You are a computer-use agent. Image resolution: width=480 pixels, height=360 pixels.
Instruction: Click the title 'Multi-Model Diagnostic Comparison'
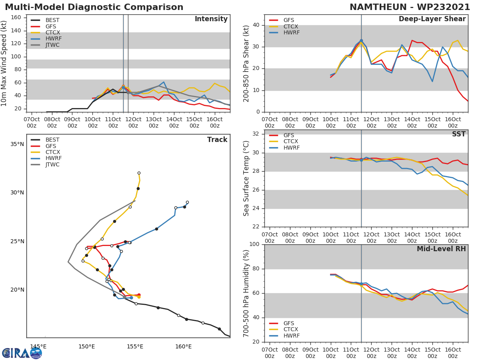point(94,7)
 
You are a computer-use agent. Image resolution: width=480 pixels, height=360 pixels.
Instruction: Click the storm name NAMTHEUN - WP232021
point(410,7)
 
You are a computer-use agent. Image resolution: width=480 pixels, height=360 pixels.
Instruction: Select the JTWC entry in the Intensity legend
point(52,45)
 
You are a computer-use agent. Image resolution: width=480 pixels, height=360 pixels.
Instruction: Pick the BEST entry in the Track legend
point(52,140)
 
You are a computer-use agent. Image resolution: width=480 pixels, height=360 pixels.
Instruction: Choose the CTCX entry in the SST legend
point(291,142)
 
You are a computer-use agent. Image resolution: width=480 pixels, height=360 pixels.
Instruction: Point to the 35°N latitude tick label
point(17,144)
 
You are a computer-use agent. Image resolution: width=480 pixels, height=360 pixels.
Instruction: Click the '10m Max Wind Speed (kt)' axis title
point(4,63)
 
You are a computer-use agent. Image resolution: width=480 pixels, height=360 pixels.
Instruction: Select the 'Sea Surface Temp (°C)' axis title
point(246,178)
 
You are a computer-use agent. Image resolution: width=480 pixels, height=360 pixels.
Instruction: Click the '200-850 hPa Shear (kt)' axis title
point(246,63)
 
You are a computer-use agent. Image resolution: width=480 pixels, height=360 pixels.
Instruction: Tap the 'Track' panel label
point(217,140)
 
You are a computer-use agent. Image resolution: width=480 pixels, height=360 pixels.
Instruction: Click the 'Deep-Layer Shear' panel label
point(432,19)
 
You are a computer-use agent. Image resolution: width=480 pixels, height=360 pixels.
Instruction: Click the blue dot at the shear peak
point(361,41)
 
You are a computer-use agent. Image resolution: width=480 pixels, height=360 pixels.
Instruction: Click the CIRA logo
point(22,353)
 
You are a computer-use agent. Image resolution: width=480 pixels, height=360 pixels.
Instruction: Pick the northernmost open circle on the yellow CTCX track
point(139,173)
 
